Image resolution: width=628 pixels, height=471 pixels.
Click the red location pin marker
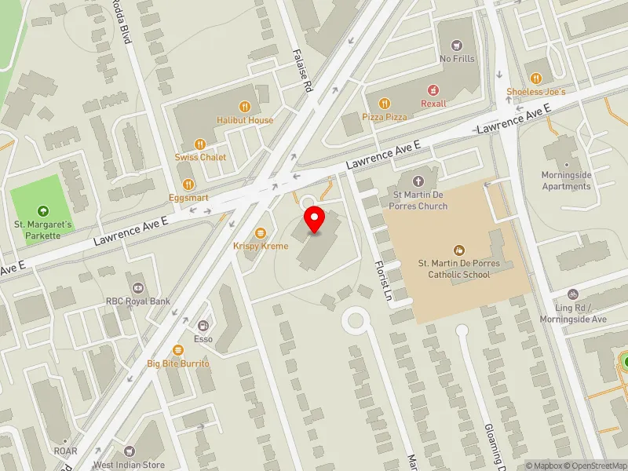[x=315, y=220]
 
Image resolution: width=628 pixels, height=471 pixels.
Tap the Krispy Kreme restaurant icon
[x=261, y=232]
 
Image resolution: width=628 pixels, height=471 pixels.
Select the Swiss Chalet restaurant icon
[x=200, y=144]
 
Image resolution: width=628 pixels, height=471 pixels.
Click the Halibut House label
[x=245, y=120]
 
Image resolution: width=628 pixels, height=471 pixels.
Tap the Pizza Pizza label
[x=385, y=116]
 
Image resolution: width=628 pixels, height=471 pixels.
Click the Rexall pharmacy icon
[x=431, y=90]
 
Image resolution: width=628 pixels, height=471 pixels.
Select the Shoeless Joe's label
[x=535, y=92]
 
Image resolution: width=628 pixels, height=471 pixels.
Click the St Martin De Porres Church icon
[x=420, y=181]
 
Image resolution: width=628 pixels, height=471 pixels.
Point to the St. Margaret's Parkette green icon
[x=42, y=210]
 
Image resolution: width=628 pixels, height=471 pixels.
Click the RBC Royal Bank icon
[x=138, y=287]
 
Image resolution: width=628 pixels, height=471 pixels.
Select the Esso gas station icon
[x=203, y=325]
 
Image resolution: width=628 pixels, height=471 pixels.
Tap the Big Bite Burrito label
[x=178, y=364]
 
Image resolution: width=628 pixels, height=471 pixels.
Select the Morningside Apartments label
[x=566, y=181]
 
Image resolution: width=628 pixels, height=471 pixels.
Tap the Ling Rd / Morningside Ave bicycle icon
[x=572, y=294]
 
